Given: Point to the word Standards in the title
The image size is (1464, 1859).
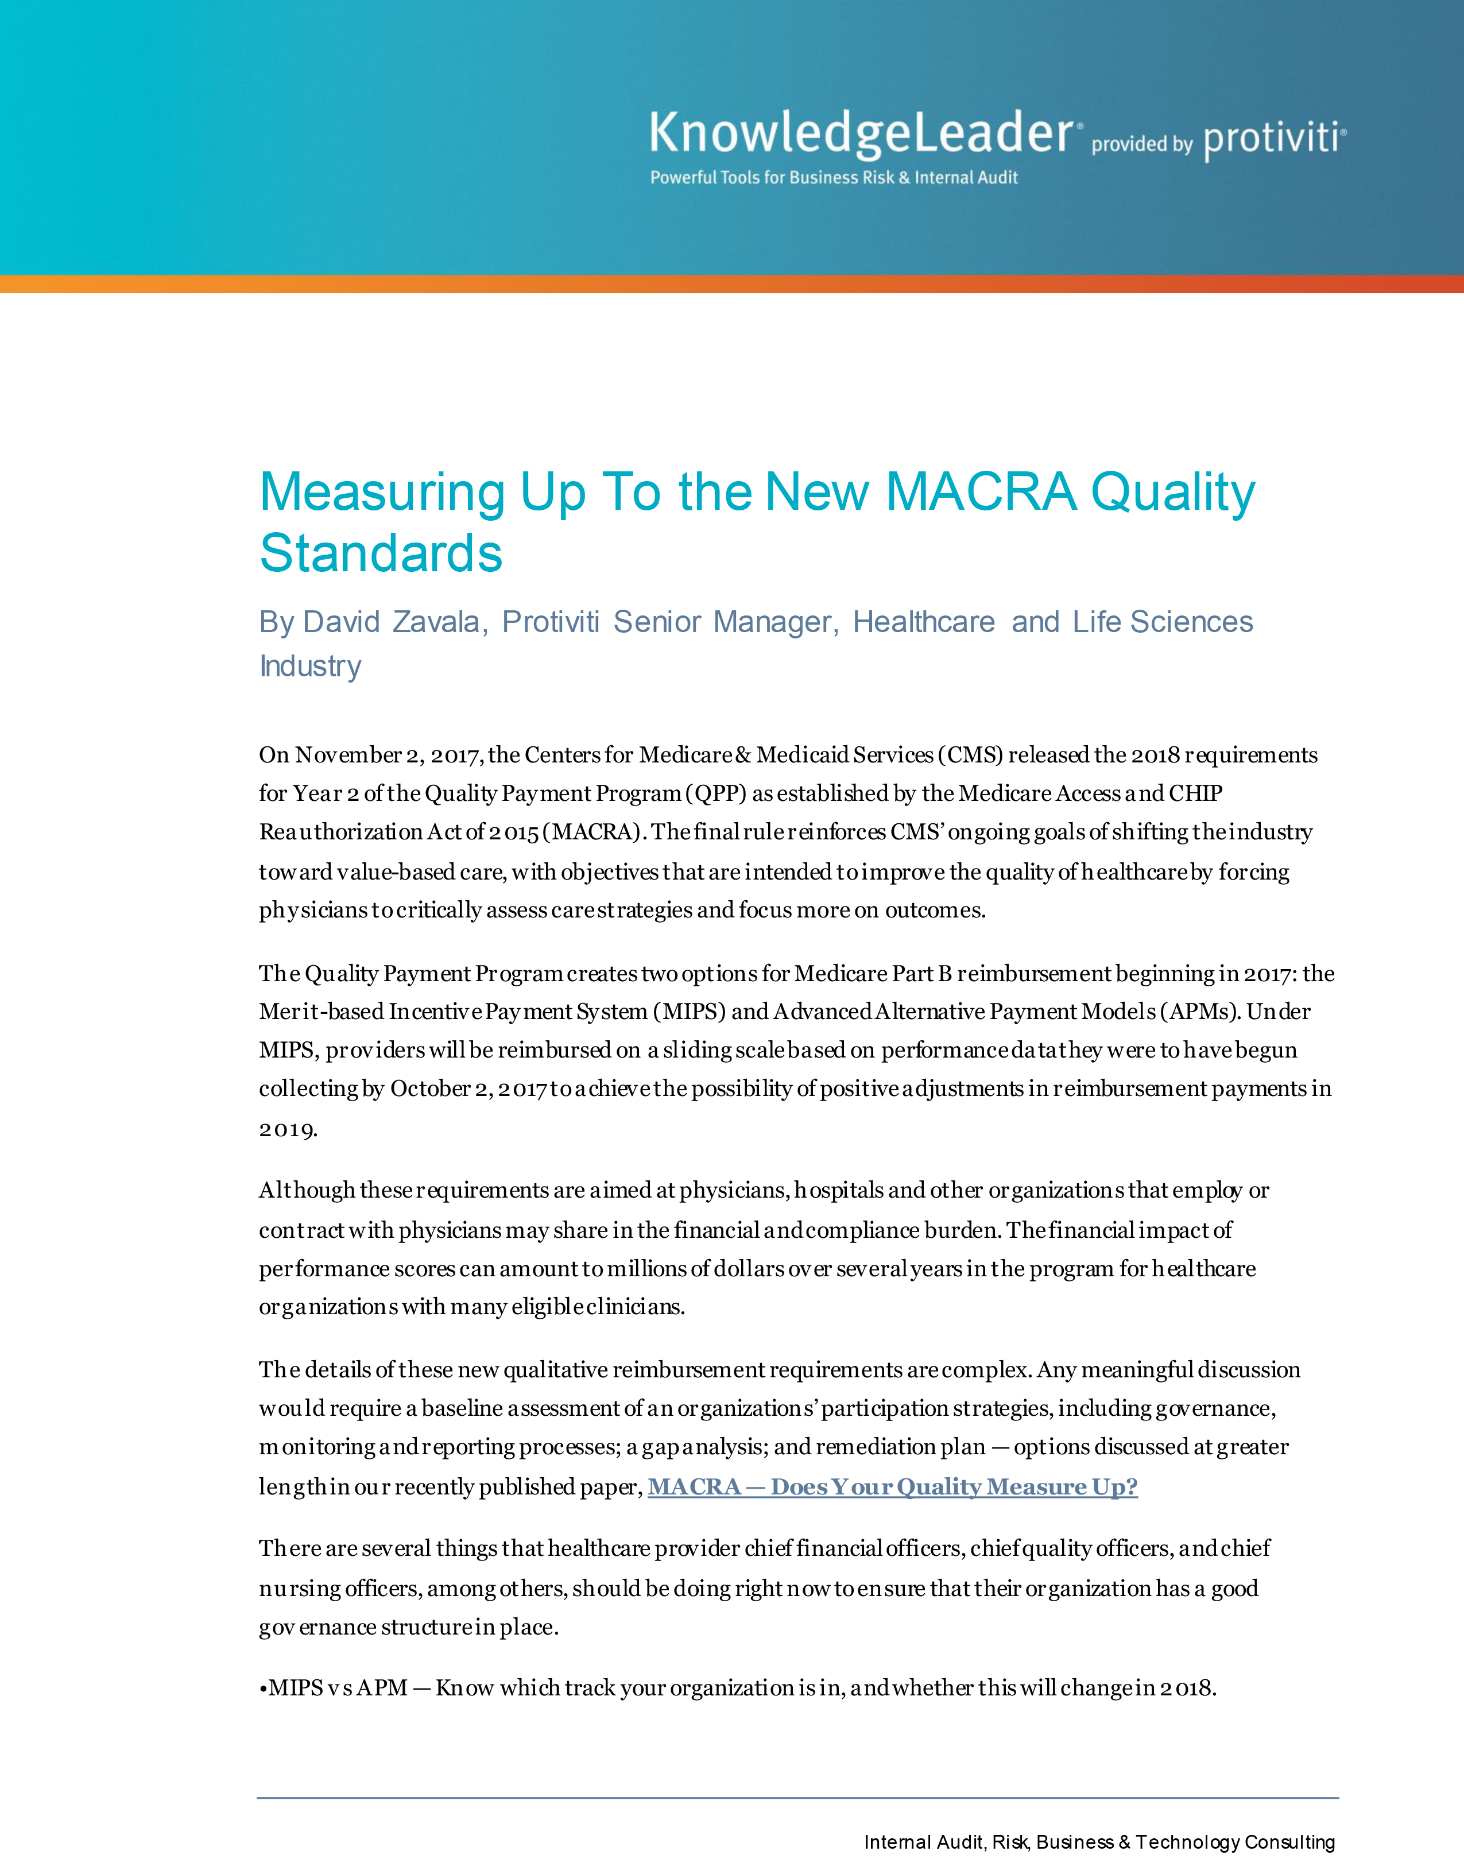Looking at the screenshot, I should click(381, 553).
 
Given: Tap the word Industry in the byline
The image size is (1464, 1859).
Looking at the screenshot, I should click(310, 666).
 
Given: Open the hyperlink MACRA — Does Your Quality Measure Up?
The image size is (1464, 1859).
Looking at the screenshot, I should click(892, 1486).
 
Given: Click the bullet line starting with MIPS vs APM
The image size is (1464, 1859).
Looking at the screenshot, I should click(737, 1687).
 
